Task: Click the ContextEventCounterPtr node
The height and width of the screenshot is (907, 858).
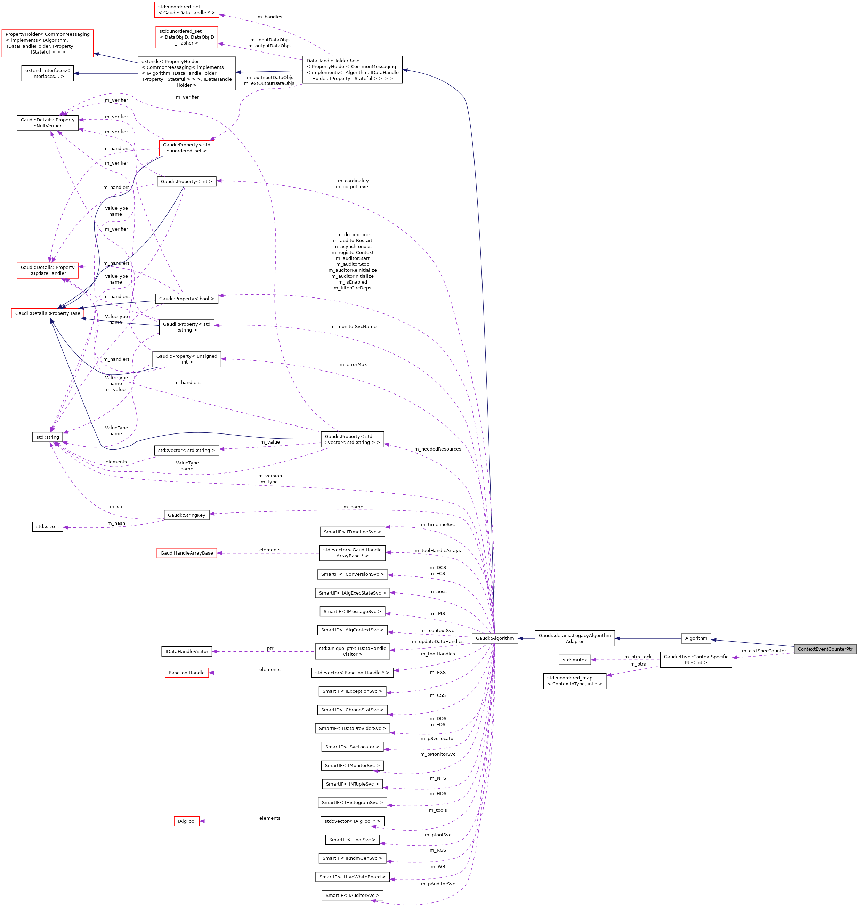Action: (825, 649)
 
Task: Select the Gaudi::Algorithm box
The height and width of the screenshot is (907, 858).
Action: (494, 638)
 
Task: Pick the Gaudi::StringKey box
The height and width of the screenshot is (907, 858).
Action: (187, 515)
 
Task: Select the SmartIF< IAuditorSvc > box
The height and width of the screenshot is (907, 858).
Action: (352, 895)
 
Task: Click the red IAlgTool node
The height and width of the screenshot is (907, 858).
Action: (187, 821)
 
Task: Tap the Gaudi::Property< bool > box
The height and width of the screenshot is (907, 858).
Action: (187, 299)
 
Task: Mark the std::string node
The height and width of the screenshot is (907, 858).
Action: (48, 437)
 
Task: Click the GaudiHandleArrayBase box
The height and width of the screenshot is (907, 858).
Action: (187, 553)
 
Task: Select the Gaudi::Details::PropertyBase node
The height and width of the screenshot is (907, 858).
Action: (48, 313)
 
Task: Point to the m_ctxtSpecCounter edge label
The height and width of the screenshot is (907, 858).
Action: (764, 651)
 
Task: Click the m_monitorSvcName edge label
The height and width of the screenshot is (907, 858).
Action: (353, 326)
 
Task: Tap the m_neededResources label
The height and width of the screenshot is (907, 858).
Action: (438, 449)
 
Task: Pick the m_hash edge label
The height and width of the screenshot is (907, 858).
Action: (116, 523)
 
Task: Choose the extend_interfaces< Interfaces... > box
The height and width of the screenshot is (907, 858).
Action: (48, 73)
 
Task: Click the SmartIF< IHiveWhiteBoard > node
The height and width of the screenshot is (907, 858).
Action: (352, 877)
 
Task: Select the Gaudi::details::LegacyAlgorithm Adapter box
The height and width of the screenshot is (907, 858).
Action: (574, 638)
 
